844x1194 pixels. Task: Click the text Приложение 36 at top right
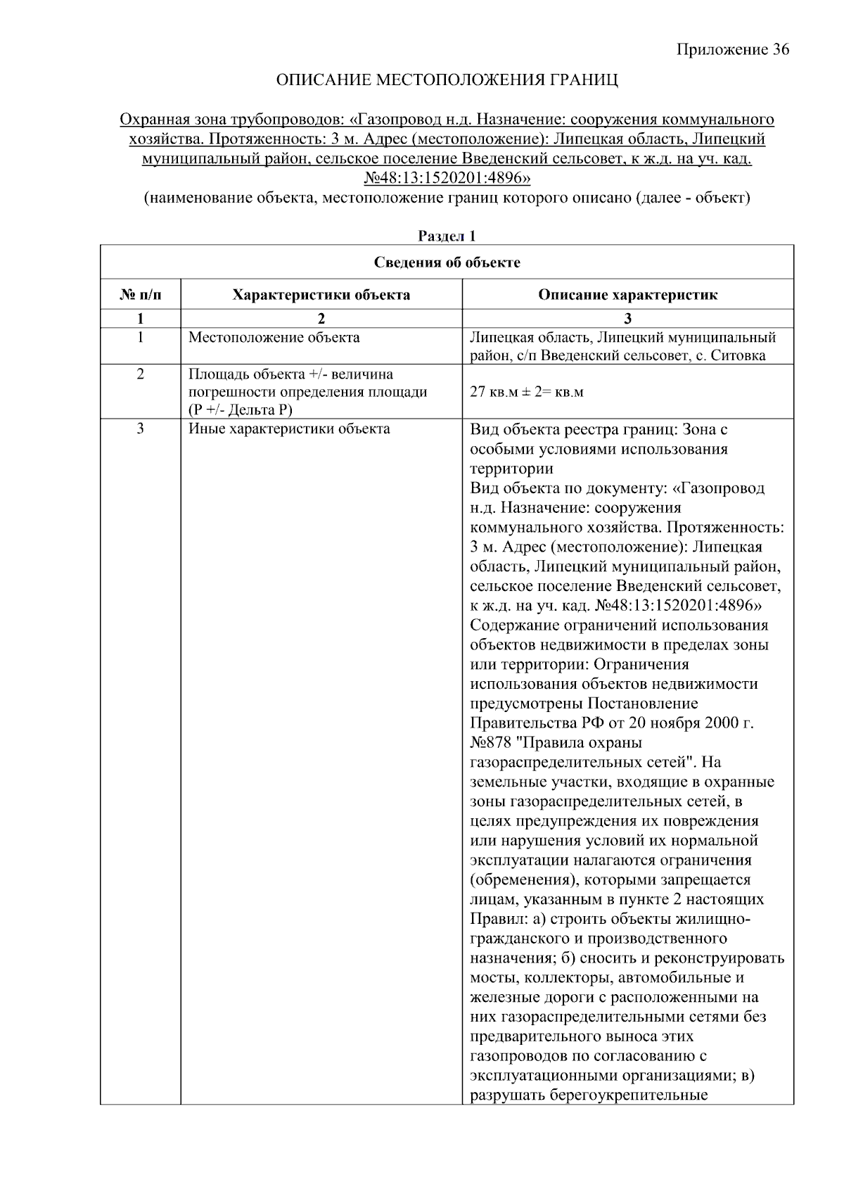[732, 49]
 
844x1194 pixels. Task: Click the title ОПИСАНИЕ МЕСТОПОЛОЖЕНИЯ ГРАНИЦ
[447, 80]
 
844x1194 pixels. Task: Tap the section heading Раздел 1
[447, 236]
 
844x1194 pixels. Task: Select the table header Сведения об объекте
[447, 262]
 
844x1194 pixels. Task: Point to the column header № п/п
[140, 295]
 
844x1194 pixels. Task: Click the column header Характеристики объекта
[321, 295]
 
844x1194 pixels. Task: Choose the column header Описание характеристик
[627, 295]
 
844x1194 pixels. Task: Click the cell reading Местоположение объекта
[274, 338]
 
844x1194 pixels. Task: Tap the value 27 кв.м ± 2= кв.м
[526, 392]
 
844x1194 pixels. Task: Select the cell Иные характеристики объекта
[289, 429]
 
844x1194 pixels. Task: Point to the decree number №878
[494, 743]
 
